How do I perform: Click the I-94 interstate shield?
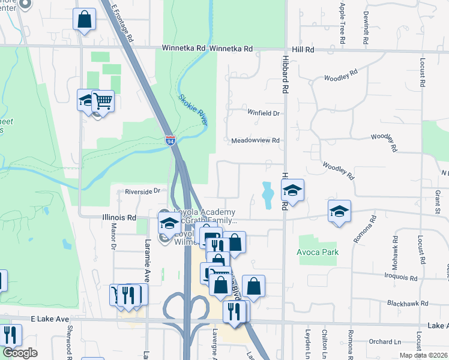tap(171, 141)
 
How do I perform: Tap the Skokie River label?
tap(192, 110)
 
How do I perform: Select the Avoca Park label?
tap(318, 252)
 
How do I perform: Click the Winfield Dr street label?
tap(264, 113)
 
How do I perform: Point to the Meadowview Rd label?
tap(256, 141)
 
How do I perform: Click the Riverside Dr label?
tap(143, 191)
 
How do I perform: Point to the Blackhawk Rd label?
tap(408, 304)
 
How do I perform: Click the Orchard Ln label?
tap(385, 341)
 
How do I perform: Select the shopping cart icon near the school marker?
tap(103, 101)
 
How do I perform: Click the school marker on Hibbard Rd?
tap(293, 191)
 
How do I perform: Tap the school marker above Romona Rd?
tap(339, 211)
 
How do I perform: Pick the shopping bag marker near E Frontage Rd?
tap(85, 19)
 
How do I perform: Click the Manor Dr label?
tap(113, 236)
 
